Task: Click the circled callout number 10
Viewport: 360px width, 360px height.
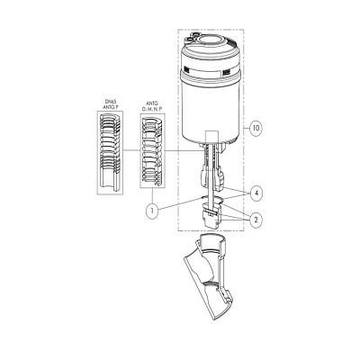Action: (256, 129)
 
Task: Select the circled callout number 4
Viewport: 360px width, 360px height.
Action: (256, 193)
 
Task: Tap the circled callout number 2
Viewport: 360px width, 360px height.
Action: (256, 220)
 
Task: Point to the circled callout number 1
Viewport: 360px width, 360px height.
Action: (152, 211)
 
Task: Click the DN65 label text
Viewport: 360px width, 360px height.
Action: (110, 103)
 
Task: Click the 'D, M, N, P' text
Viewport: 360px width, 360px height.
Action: (152, 109)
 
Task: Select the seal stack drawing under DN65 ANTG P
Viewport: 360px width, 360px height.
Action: (110, 153)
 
